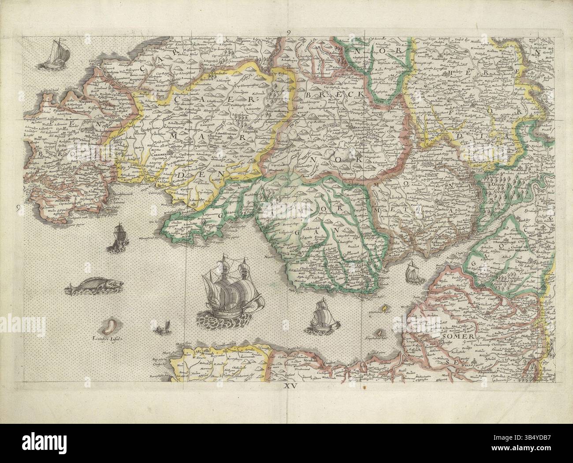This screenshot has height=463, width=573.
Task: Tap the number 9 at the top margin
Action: pos(289,32)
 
